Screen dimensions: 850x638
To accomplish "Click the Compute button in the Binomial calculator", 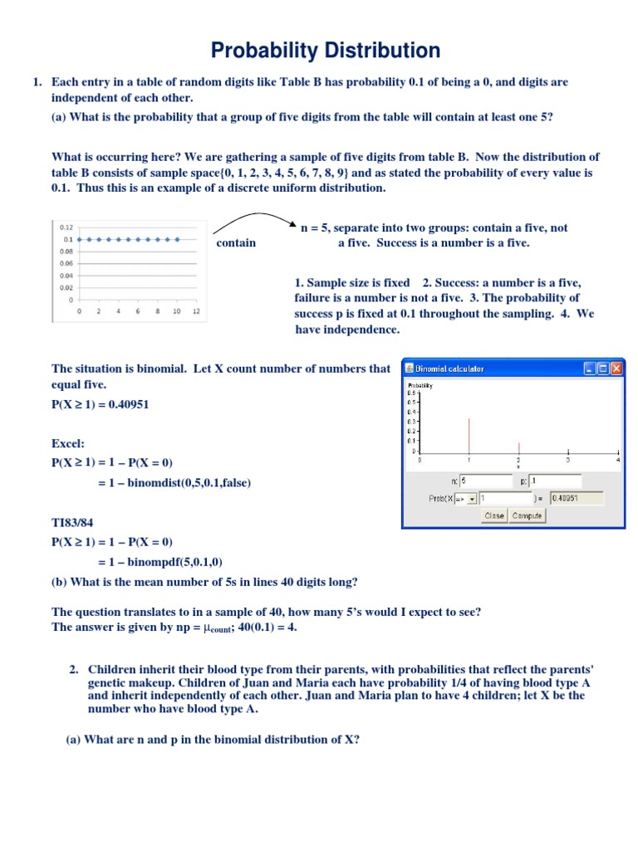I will coord(528,515).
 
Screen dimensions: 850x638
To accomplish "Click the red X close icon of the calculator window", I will coord(616,369).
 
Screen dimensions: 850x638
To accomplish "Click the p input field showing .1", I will coord(557,481).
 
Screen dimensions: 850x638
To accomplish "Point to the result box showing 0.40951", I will coord(576,499).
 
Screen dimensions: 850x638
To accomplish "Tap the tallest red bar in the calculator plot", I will coord(469,434).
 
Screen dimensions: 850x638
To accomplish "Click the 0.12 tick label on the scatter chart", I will coord(66,227).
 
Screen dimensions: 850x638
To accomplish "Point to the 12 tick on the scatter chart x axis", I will coord(195,312).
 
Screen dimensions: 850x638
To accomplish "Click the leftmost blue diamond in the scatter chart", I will coord(79,239).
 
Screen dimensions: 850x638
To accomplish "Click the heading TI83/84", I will coord(76,524).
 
